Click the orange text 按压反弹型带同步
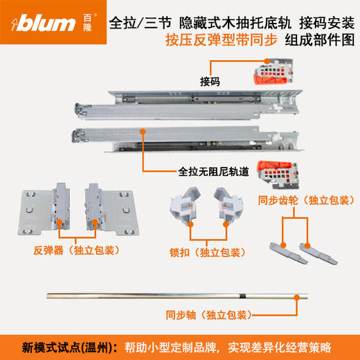221,41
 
